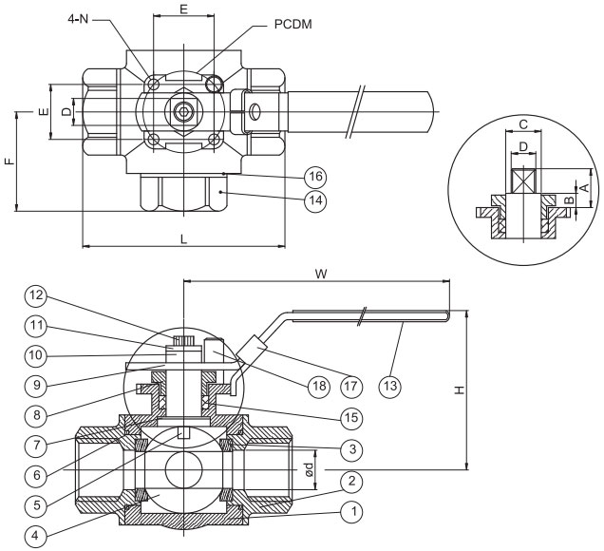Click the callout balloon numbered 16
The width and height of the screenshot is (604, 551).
click(x=315, y=177)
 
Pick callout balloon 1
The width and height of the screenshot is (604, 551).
click(x=352, y=512)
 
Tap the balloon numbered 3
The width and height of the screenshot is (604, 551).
click(x=352, y=448)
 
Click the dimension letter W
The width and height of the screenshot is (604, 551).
click(x=320, y=274)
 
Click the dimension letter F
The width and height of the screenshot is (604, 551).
click(x=9, y=161)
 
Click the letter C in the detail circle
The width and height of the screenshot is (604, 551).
click(x=524, y=123)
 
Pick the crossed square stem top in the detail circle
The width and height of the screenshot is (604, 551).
click(x=524, y=180)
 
